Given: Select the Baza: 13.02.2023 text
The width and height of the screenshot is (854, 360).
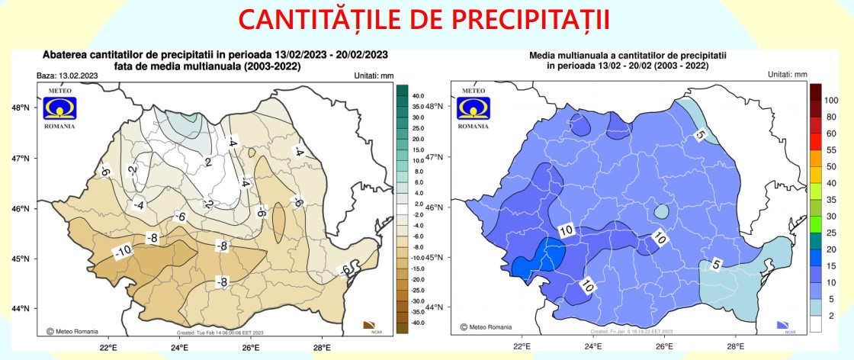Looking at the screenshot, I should pyautogui.click(x=67, y=76).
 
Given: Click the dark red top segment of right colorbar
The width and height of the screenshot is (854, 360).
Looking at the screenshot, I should pyautogui.click(x=815, y=92).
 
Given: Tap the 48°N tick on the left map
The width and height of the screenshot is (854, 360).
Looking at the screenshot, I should pyautogui.click(x=20, y=108).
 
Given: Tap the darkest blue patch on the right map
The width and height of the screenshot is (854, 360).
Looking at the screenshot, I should pyautogui.click(x=522, y=265).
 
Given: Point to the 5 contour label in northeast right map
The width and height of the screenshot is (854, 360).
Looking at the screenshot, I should pyautogui.click(x=699, y=135).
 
